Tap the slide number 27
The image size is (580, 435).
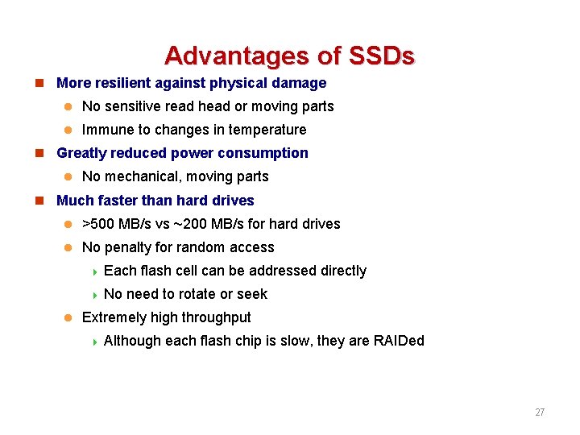click(x=540, y=412)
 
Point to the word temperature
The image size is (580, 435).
click(x=267, y=130)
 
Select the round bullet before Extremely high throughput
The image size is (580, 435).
click(x=68, y=317)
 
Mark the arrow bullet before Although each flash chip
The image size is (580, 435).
click(x=94, y=342)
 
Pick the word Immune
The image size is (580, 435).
click(x=108, y=130)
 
